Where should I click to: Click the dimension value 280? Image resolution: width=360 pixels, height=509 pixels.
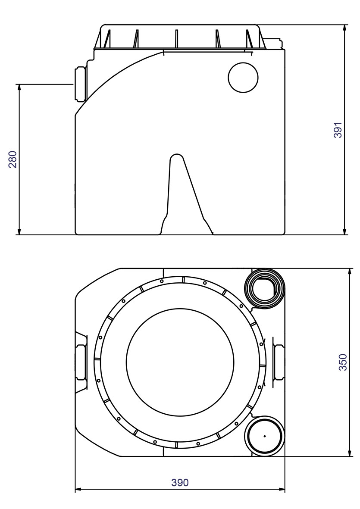13,159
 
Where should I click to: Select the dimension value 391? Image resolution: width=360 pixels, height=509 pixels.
338,130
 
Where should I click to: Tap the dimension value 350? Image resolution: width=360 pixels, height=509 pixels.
342,362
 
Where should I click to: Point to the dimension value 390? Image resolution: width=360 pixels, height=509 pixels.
180,482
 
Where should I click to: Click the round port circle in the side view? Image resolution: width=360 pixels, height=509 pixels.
243,78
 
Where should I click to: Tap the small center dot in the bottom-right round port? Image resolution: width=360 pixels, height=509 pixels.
264,436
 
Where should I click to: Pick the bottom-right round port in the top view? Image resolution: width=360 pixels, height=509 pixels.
264,436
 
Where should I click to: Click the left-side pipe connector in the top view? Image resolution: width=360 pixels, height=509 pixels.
81,362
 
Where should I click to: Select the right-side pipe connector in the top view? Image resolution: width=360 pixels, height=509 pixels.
278,362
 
